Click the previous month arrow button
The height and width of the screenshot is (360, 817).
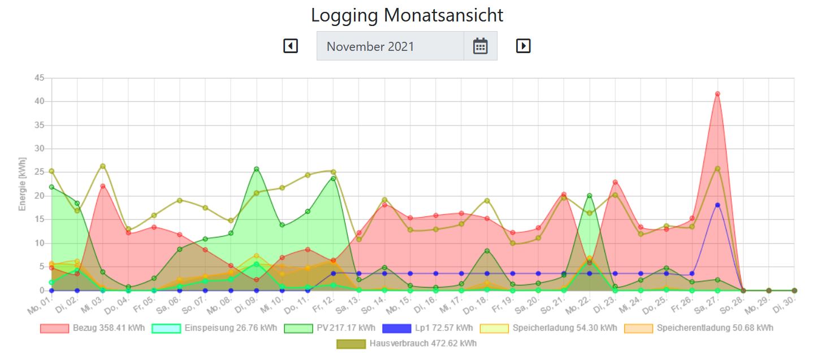(x=290, y=46)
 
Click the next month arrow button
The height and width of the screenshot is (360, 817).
(x=524, y=46)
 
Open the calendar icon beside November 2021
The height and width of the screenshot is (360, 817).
(x=480, y=46)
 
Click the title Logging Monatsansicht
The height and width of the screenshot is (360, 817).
(x=407, y=15)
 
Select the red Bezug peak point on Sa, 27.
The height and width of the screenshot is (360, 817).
(x=717, y=94)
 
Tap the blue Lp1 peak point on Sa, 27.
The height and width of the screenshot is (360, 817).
(x=717, y=205)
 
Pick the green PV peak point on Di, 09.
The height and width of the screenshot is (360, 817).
(x=257, y=169)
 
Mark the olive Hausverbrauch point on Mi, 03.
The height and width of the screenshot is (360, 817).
(x=103, y=166)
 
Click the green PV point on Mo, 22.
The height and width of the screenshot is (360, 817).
(x=590, y=196)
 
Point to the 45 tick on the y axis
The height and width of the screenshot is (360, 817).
(x=39, y=78)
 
